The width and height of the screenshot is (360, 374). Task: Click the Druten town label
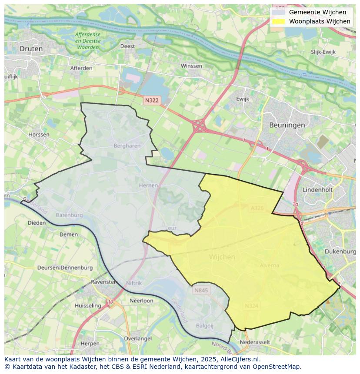click(31, 49)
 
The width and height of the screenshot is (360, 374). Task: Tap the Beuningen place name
click(287, 125)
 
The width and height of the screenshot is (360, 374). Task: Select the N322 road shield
click(152, 100)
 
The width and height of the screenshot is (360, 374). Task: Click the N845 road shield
click(201, 290)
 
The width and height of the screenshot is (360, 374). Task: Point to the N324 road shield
click(251, 306)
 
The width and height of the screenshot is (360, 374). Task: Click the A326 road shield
click(257, 208)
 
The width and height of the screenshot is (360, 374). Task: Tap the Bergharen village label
click(127, 146)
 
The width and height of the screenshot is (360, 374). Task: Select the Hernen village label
click(148, 185)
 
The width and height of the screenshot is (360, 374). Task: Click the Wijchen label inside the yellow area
click(222, 257)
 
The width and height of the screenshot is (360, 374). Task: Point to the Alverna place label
click(269, 265)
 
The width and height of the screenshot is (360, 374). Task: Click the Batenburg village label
click(69, 215)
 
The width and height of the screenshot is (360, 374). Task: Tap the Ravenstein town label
click(104, 282)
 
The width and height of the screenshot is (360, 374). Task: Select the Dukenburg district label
click(340, 251)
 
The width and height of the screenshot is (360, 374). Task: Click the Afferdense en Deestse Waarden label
click(87, 40)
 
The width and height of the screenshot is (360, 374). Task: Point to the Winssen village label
click(191, 66)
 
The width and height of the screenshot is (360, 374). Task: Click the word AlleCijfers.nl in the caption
click(239, 359)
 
